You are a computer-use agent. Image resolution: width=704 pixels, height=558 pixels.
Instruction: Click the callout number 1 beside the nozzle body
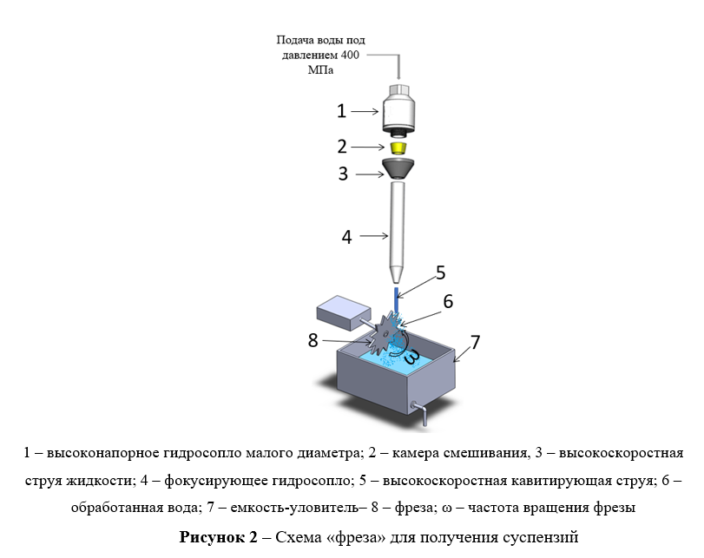342,111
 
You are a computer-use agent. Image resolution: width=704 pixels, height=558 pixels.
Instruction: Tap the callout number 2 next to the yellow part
342,147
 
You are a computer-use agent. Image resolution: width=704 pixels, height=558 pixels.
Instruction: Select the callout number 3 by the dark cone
343,174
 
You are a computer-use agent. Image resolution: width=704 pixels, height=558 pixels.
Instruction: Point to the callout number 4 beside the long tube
346,237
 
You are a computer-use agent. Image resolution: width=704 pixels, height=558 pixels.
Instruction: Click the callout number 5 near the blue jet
440,272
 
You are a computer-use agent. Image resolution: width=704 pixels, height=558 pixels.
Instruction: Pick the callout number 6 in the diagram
448,301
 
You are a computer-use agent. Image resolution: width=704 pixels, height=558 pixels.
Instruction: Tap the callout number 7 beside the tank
475,342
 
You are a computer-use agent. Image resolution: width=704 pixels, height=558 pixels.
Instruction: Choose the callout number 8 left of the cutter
313,340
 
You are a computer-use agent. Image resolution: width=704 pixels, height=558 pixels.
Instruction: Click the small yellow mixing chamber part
396,148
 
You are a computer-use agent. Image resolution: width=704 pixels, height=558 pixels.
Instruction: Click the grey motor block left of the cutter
344,313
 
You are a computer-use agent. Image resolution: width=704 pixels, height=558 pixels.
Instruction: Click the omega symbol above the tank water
412,355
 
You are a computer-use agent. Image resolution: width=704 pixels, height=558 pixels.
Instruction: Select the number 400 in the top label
350,56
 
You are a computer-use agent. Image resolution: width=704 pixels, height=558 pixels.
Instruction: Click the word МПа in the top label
320,70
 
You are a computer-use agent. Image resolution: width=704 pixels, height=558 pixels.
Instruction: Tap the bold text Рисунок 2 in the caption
219,537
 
